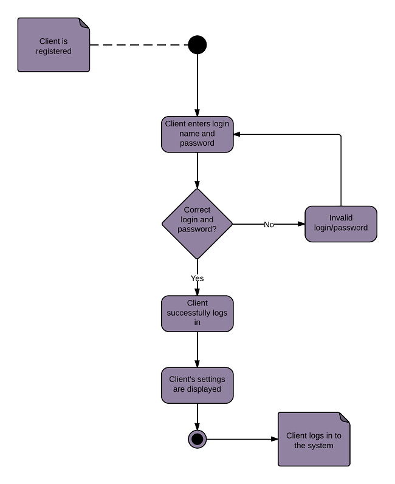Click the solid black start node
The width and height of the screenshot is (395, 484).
197,45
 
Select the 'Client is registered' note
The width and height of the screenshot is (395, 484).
53,46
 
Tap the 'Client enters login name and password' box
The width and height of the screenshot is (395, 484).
197,134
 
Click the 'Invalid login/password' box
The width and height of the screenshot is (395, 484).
341,224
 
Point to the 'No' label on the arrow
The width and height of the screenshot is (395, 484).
269,225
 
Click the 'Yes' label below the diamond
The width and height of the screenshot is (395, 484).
197,278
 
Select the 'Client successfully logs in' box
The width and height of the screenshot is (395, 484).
197,313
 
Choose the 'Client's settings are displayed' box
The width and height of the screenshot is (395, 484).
197,384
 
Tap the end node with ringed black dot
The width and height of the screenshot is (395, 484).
197,438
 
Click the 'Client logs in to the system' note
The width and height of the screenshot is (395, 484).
314,440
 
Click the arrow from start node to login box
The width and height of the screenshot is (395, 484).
197,85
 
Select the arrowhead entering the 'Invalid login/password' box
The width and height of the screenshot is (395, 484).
301,224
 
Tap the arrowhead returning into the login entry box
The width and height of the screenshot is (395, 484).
238,134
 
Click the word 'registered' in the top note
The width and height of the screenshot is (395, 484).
53,51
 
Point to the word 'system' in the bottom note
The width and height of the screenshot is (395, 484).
321,446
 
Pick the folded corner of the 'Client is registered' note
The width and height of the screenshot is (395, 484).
84,22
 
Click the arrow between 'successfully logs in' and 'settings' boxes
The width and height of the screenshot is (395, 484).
197,349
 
